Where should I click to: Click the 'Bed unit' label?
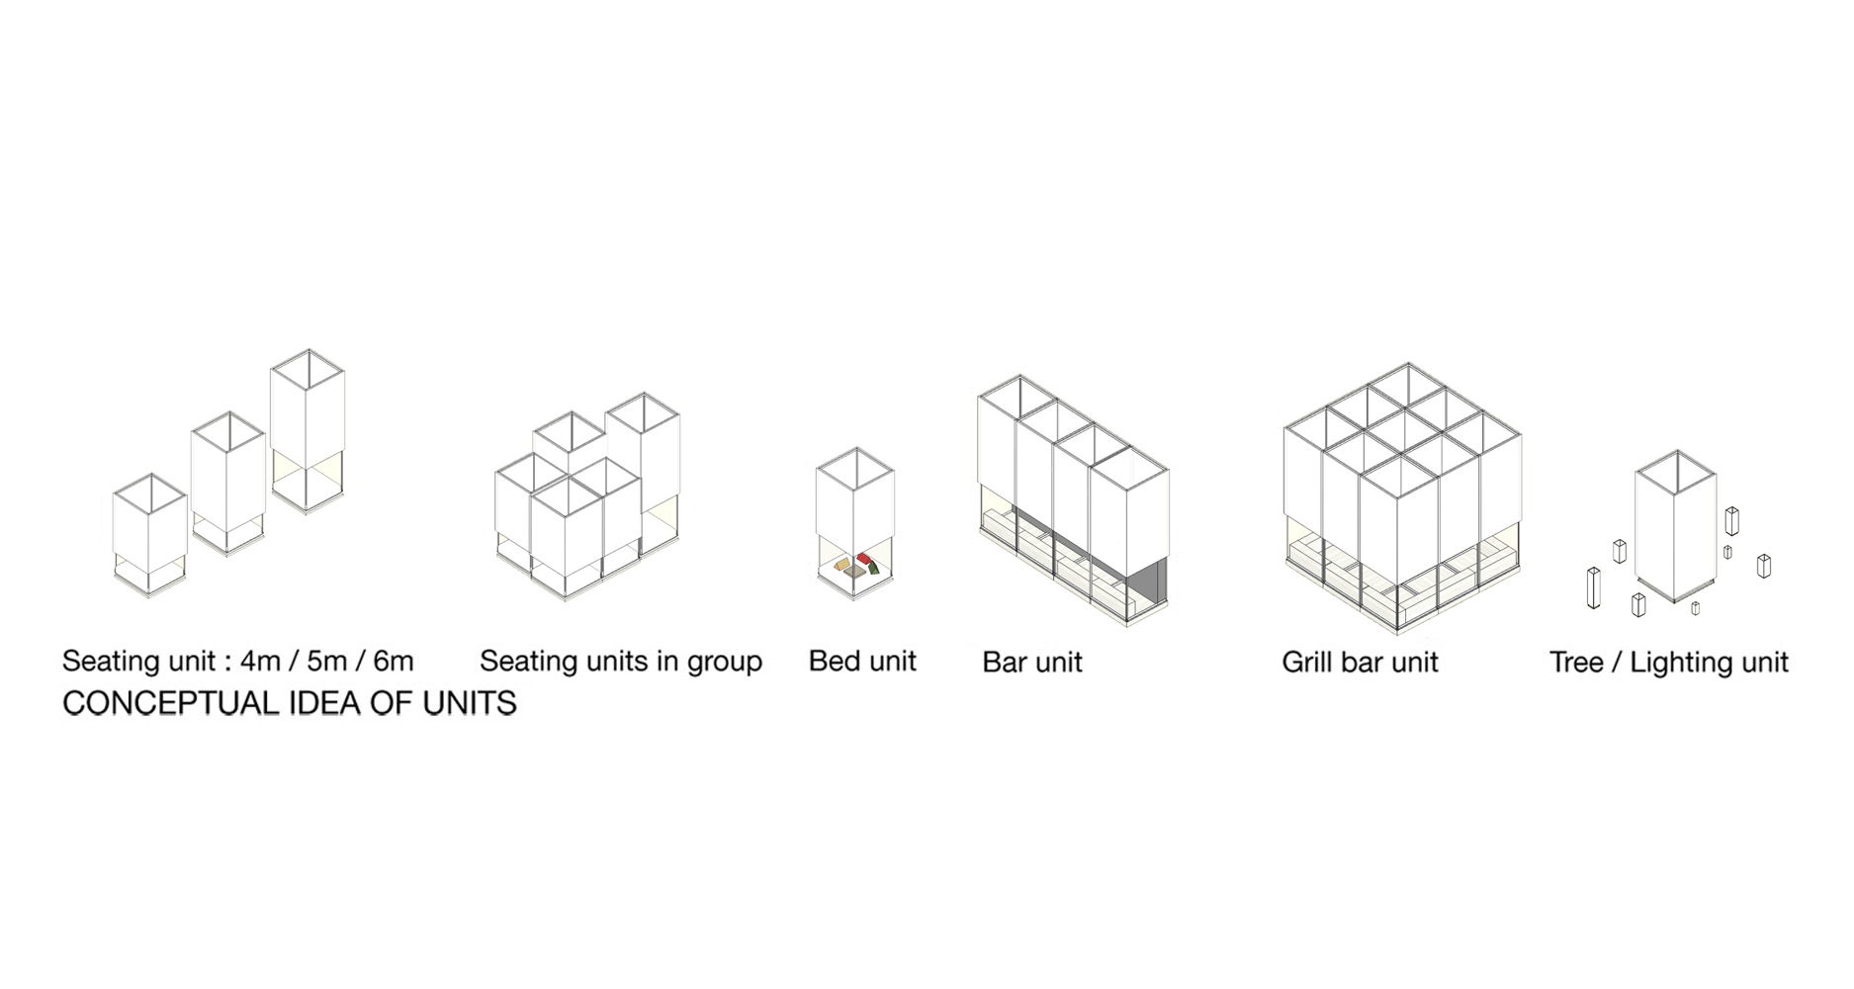click(x=862, y=661)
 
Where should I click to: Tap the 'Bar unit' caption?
click(x=1032, y=662)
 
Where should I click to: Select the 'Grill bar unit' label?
click(x=1360, y=662)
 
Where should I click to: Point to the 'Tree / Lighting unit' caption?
click(x=1669, y=662)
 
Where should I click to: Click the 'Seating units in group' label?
click(x=621, y=661)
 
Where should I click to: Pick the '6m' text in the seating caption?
click(x=394, y=661)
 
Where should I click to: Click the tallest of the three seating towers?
click(x=308, y=432)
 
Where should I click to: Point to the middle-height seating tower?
click(x=227, y=485)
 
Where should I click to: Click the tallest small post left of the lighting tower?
click(x=1593, y=587)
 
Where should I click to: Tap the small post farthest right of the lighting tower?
click(x=1763, y=566)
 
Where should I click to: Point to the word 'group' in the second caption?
click(x=723, y=663)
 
